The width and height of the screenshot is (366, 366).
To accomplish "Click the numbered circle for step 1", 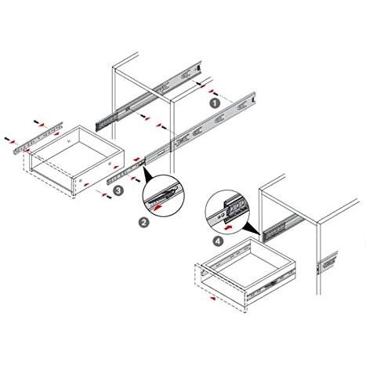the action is [216, 103].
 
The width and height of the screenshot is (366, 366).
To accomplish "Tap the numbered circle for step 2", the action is [143, 223].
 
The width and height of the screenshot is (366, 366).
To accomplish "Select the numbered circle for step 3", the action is [118, 190].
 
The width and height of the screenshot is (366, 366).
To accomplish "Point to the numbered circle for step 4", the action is [218, 241].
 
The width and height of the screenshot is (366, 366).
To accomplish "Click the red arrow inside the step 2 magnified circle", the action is [158, 208].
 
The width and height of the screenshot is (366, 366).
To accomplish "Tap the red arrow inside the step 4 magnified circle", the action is [227, 227].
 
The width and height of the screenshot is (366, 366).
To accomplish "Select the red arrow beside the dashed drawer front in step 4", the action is [214, 299].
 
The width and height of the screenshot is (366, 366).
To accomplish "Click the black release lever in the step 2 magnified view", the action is [165, 194].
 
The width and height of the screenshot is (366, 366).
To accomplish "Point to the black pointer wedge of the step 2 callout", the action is [147, 174].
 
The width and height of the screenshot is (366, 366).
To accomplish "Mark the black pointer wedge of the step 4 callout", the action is [252, 228].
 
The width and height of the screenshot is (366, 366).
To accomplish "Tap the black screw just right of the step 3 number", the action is [108, 196].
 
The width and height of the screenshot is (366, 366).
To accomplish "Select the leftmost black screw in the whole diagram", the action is [6, 139].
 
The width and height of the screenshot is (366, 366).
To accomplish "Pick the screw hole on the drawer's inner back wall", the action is [69, 141].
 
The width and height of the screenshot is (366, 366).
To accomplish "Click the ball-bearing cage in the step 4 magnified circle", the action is [237, 206].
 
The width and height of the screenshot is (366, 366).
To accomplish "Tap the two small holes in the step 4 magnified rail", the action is [221, 215].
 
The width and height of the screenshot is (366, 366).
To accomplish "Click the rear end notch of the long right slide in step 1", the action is [253, 100].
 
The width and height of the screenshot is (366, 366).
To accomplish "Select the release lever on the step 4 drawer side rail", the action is [272, 284].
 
